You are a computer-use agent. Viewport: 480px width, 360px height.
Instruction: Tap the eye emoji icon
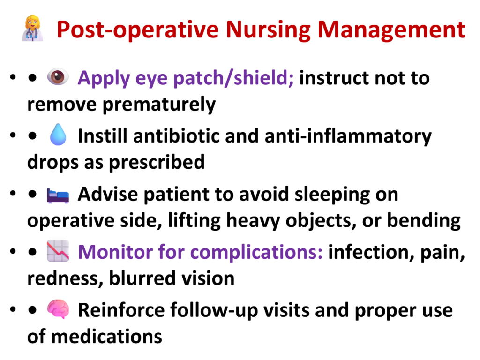coord(58,76)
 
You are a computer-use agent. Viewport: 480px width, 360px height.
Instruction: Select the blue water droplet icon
coord(58,135)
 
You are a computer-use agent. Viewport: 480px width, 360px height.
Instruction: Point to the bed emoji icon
coord(58,195)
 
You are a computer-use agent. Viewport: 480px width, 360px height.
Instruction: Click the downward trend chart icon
coord(58,251)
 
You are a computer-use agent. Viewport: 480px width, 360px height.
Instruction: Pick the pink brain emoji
coord(58,309)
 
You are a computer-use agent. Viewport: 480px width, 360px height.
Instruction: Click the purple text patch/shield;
coord(233,78)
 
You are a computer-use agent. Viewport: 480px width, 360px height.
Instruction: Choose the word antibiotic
coord(176,135)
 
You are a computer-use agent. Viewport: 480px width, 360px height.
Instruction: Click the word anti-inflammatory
coord(348,136)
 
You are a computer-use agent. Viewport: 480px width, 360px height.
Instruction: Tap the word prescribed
coord(157,162)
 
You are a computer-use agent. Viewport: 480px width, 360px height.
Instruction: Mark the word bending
coord(424,221)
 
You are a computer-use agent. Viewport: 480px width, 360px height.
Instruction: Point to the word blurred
coord(142,278)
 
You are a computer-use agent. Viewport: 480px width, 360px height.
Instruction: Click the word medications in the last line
coord(106,337)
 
